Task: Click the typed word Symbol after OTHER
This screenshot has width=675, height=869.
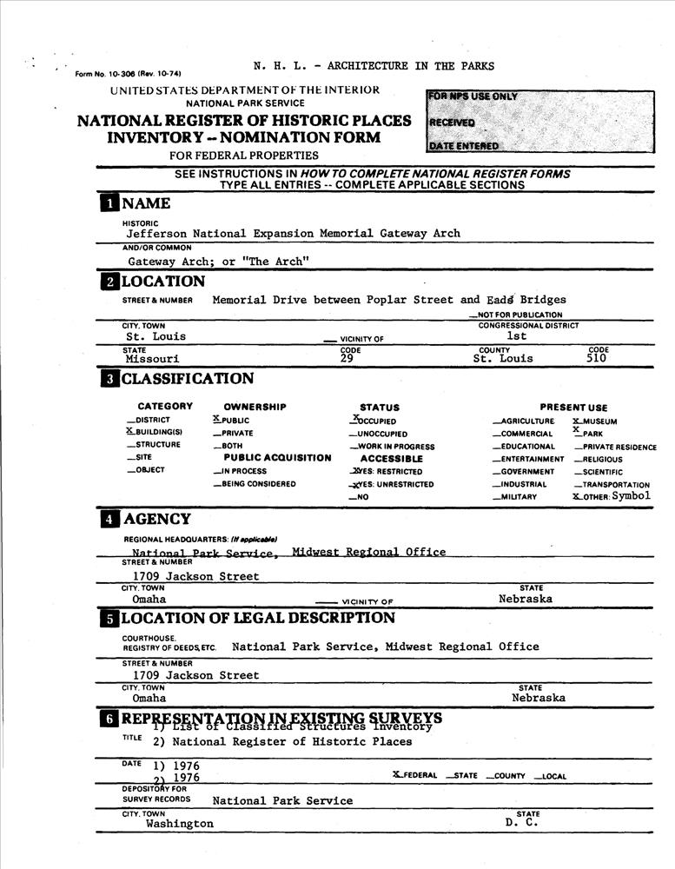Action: pyautogui.click(x=631, y=496)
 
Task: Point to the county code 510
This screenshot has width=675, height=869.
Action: pyautogui.click(x=597, y=358)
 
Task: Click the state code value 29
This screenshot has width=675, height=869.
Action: pyautogui.click(x=347, y=358)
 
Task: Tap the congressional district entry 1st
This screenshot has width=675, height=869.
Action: pyautogui.click(x=517, y=335)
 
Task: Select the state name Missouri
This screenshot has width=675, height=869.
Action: pyautogui.click(x=152, y=358)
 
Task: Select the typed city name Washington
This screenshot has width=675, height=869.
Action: pyautogui.click(x=180, y=824)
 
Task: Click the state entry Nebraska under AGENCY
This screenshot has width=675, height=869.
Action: pyautogui.click(x=526, y=600)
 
